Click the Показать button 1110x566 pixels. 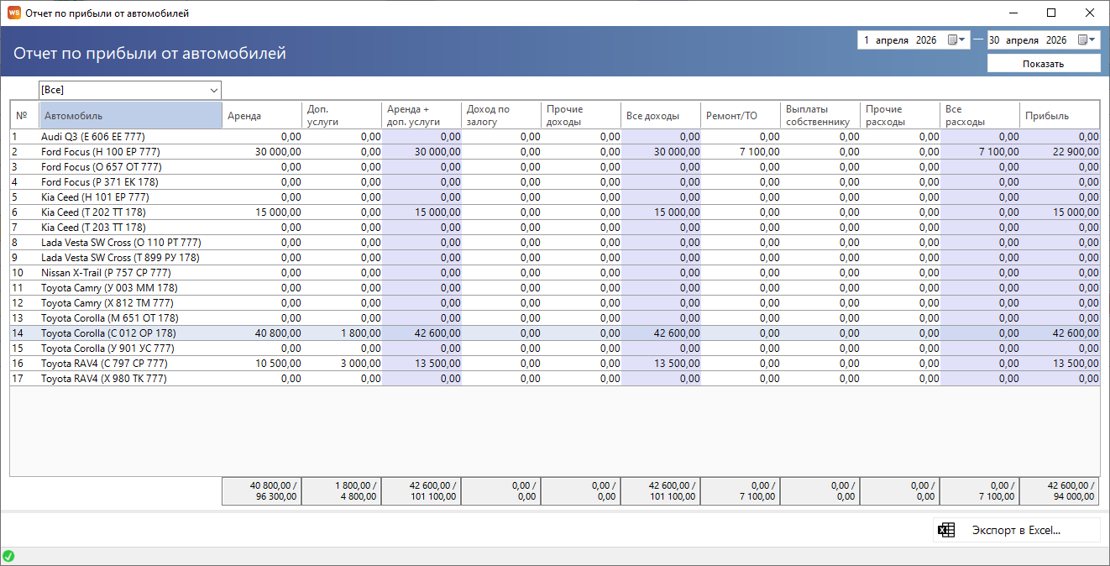[x=1043, y=64]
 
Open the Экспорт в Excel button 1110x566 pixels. [x=1016, y=530]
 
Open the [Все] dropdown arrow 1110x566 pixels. [x=213, y=90]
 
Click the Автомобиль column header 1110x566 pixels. [x=131, y=116]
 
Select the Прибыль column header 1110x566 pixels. [x=1060, y=116]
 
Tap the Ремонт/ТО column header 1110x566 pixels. [x=741, y=116]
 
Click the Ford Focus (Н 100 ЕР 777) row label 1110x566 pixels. [x=101, y=152]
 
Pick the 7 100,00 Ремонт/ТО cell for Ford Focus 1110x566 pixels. [x=759, y=152]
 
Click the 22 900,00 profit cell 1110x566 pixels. [x=1076, y=152]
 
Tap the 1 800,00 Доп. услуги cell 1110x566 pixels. [x=361, y=333]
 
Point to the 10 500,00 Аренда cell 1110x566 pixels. [x=278, y=364]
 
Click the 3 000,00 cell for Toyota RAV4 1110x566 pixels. [x=361, y=364]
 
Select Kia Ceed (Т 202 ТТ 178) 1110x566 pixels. [x=94, y=212]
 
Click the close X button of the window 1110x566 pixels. [x=1090, y=13]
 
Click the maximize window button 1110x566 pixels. [x=1051, y=13]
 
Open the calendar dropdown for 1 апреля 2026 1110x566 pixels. [x=956, y=39]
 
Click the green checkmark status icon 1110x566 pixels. [x=8, y=556]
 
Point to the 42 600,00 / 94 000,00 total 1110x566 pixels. [x=1071, y=491]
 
